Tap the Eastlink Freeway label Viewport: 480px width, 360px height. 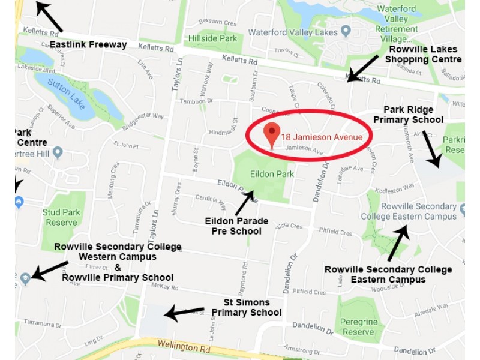tap(88, 44)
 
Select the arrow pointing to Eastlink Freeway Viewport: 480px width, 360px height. tap(49, 16)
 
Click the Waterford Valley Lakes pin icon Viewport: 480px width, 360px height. tap(346, 31)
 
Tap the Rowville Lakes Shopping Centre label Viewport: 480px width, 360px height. tap(423, 54)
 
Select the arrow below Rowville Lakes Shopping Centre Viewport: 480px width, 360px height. tap(364, 68)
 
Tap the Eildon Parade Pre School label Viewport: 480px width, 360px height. tap(236, 226)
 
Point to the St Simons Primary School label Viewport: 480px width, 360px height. tap(246, 307)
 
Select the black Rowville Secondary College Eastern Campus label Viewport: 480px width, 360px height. tap(388, 274)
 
